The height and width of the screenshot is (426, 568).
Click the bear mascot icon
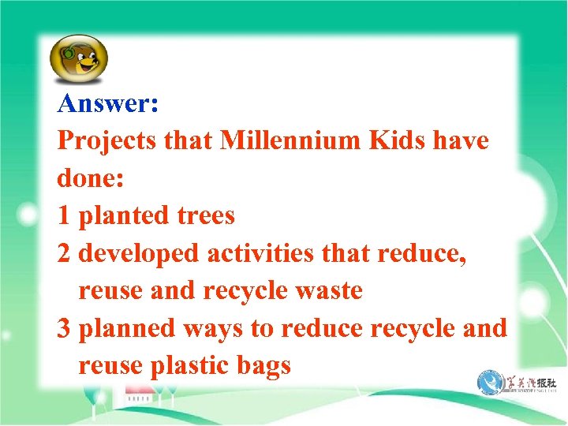tap(78, 59)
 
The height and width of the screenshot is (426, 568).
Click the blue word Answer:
tap(109, 103)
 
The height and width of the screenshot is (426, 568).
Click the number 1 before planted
tap(65, 215)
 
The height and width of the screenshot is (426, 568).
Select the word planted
tap(123, 216)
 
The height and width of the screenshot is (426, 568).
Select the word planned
tap(129, 329)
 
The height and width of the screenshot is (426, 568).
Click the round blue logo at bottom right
tap(490, 384)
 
